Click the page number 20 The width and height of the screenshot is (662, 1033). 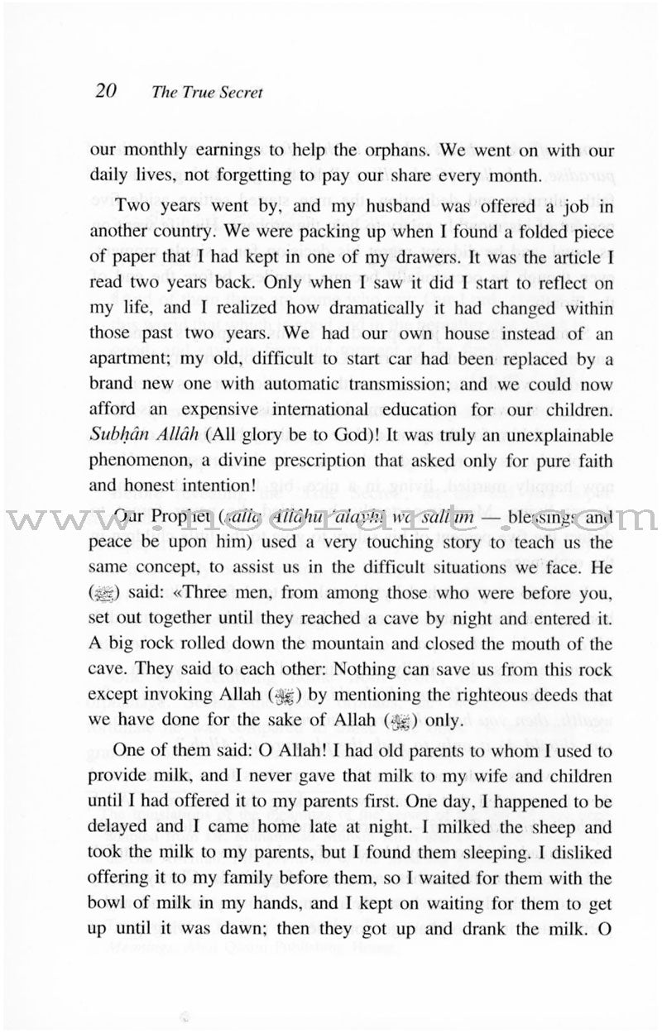pyautogui.click(x=108, y=90)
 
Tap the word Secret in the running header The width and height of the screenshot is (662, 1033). pyautogui.click(x=239, y=93)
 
